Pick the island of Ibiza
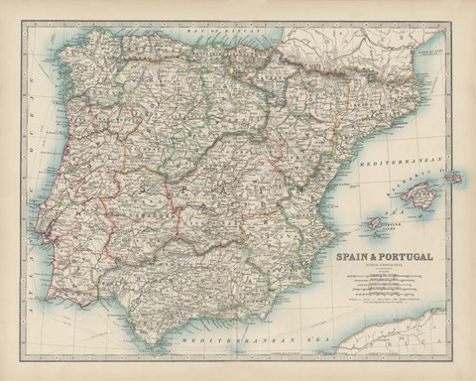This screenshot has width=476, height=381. point(375,223)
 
